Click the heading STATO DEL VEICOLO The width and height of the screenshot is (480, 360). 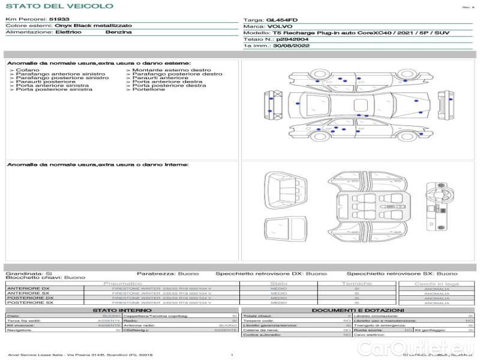(x=59, y=6)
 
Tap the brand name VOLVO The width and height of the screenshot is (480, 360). (x=278, y=26)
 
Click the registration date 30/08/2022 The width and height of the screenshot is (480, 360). (x=287, y=45)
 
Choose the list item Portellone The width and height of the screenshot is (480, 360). (x=148, y=89)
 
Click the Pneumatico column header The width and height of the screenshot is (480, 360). (x=123, y=283)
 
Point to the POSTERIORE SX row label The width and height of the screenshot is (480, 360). (x=29, y=303)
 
